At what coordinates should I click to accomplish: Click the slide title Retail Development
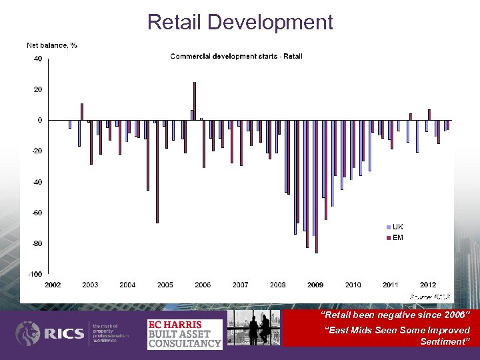(x=240, y=22)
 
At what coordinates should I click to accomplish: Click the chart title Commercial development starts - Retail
(x=236, y=56)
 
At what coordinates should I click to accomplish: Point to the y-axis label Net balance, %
(x=51, y=45)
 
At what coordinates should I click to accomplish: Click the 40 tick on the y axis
(x=38, y=59)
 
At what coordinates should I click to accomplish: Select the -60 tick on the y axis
(x=37, y=213)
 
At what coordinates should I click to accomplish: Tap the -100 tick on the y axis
(x=35, y=274)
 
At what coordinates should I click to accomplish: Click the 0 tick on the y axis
(x=40, y=120)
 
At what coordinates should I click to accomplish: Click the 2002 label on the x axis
(x=53, y=285)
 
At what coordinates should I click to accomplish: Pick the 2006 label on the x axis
(x=203, y=285)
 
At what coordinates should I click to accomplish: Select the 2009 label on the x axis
(x=315, y=285)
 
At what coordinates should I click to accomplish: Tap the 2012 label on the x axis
(x=428, y=285)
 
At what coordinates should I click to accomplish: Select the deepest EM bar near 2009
(x=317, y=187)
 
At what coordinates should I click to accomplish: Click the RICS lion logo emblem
(x=29, y=333)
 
